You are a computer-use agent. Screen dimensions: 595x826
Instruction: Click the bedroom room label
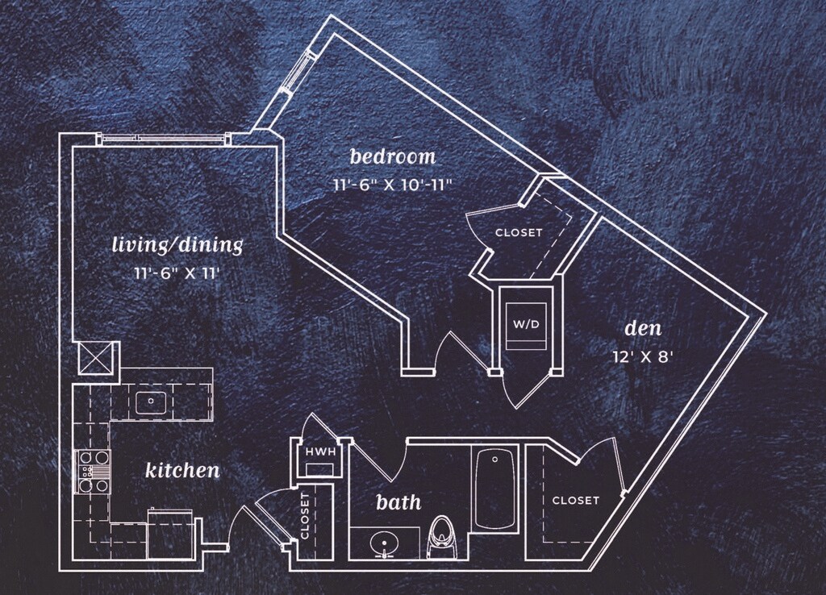click(392, 156)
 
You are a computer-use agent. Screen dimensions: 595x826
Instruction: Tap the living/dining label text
click(177, 244)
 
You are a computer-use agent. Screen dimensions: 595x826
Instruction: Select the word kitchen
click(182, 470)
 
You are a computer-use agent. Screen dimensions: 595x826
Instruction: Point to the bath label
click(398, 502)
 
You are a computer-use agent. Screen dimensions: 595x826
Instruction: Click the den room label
click(643, 329)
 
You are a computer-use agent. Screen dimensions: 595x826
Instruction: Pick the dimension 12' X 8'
click(643, 356)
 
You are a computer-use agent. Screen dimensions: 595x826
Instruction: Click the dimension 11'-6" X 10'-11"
click(392, 184)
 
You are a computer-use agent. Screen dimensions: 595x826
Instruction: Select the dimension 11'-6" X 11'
click(177, 273)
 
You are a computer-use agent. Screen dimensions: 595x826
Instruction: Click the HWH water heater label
click(319, 452)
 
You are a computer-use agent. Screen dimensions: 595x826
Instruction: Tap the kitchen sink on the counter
click(150, 402)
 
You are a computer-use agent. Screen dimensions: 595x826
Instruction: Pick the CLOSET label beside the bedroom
click(518, 232)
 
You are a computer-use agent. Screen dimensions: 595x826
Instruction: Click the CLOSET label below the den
click(575, 501)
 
